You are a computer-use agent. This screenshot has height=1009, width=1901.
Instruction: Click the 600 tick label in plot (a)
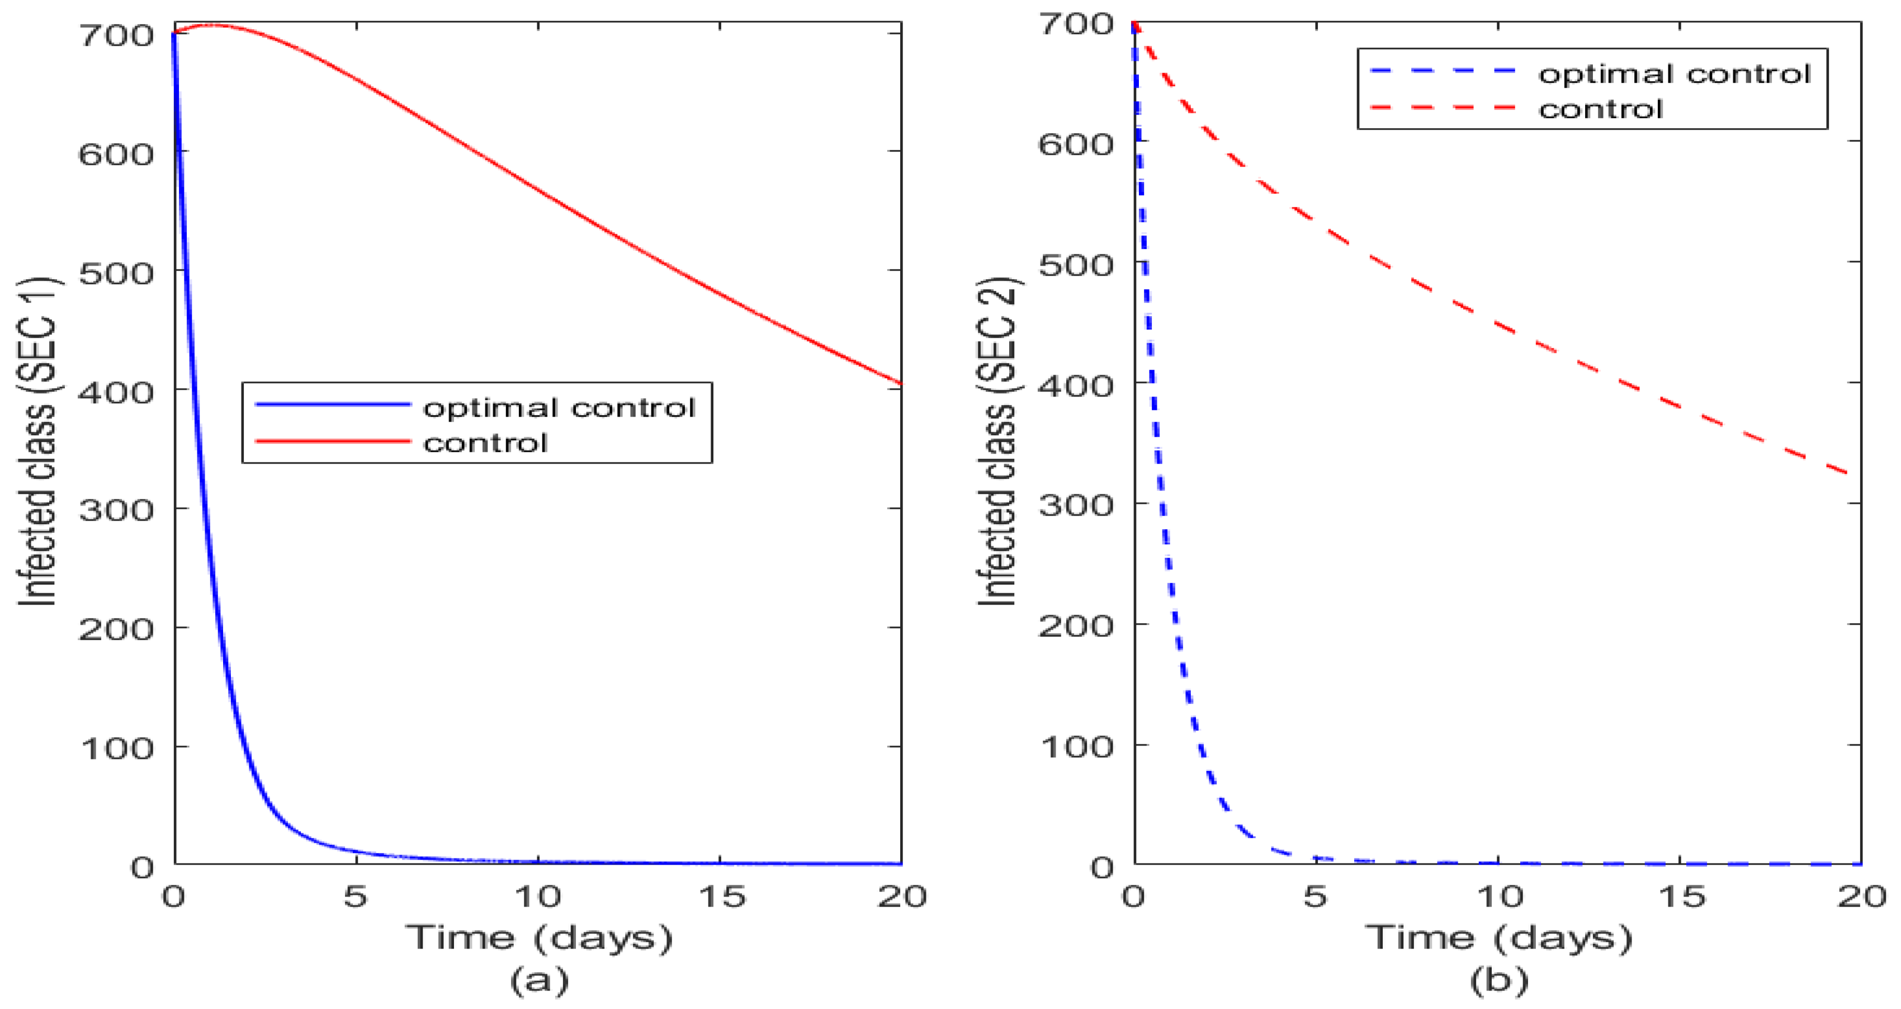116,154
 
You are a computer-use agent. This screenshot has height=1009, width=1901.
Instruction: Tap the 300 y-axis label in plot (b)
1076,506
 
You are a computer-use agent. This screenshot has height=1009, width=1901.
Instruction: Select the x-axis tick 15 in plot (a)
721,897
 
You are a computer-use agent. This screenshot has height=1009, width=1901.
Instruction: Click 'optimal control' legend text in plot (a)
559,407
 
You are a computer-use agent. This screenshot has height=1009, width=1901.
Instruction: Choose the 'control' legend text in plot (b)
1600,109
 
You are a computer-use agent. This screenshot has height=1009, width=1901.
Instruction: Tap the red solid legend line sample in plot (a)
332,441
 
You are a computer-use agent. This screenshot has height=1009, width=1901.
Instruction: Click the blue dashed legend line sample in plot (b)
1443,72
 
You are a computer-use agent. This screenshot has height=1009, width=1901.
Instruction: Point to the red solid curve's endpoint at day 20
900,383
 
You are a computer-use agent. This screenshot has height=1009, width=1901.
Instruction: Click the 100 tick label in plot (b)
1076,746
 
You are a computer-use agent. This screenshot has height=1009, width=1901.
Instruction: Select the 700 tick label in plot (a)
116,35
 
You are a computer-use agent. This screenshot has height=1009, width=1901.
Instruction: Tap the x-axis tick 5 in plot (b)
1316,897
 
